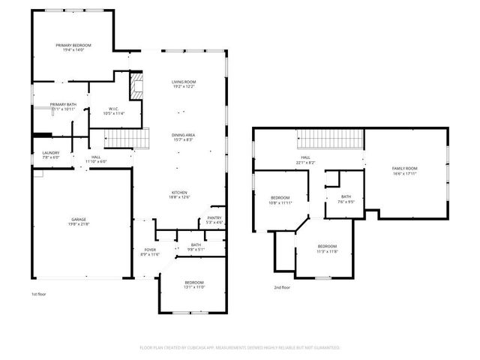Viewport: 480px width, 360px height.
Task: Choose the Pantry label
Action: pos(214,220)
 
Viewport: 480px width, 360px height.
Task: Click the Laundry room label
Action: pos(50,155)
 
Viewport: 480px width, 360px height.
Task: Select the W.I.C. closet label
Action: pos(114,111)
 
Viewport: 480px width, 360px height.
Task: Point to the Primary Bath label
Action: pos(63,106)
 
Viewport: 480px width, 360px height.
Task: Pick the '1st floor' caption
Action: pos(40,295)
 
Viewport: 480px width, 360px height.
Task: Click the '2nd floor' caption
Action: pos(283,286)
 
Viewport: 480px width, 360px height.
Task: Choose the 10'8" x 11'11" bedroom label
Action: pos(280,201)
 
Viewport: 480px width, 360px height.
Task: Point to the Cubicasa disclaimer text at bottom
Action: pos(240,347)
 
